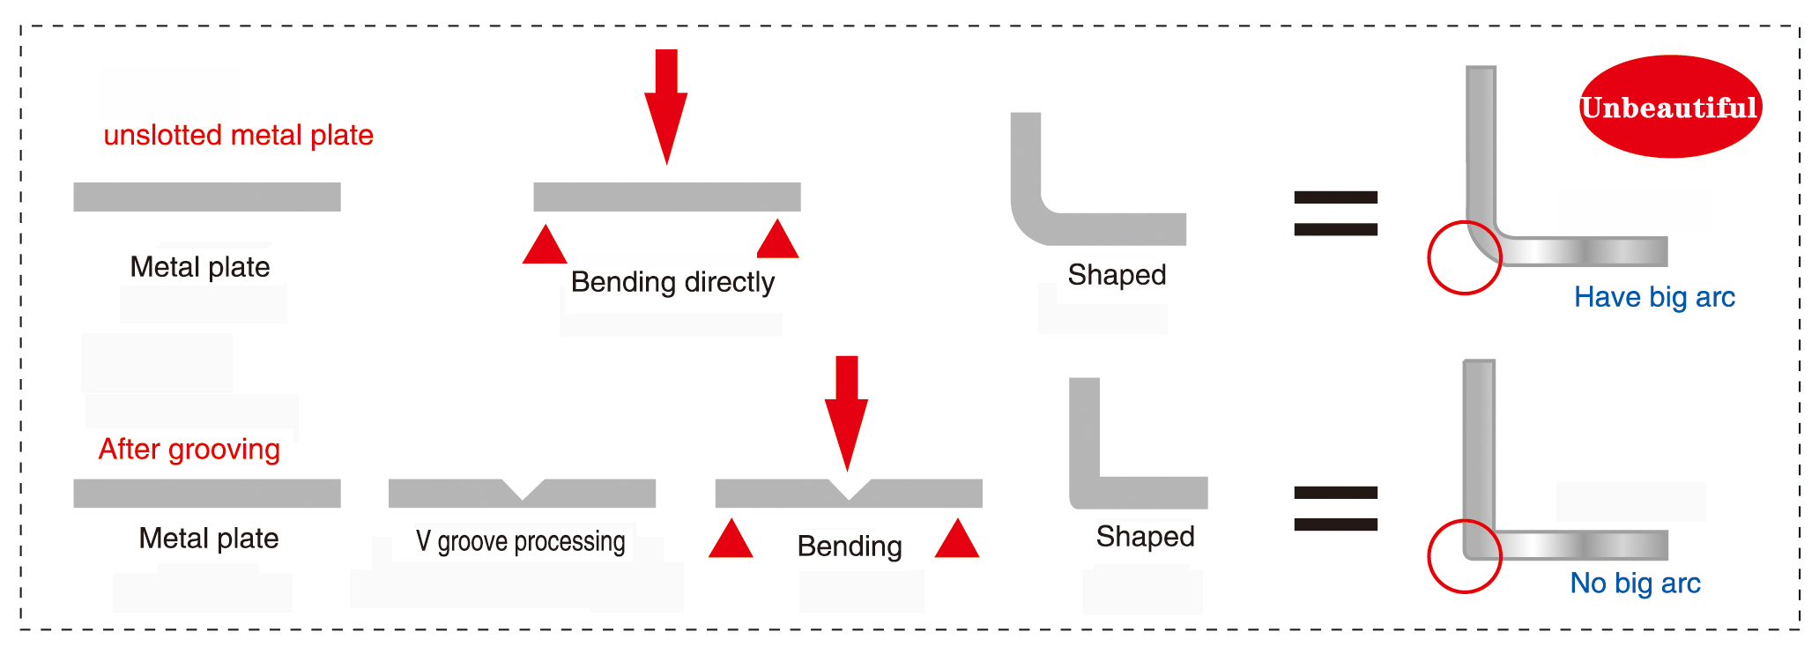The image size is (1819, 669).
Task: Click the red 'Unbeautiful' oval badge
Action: tap(1670, 107)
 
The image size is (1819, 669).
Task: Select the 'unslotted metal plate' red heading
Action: tap(238, 135)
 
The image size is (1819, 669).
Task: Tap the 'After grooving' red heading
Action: tap(189, 450)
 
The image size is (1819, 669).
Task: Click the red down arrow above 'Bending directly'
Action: tap(666, 107)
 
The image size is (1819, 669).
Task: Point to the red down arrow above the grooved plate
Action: tap(846, 413)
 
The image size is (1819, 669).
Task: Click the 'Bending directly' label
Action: tap(672, 282)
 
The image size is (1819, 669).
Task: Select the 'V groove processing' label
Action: tap(521, 541)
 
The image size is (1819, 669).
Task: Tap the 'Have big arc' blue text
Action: tap(1654, 297)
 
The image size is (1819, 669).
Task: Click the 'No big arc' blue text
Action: tap(1635, 583)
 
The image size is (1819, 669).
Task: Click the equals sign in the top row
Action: tap(1335, 213)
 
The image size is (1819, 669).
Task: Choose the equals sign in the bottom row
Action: tap(1335, 509)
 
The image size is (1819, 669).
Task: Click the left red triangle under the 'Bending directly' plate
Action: tap(545, 244)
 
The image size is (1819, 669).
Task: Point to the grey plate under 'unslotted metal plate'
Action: tap(207, 197)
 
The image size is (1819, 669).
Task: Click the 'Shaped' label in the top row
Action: tap(1117, 275)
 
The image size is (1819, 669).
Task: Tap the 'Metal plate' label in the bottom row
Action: tap(209, 539)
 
